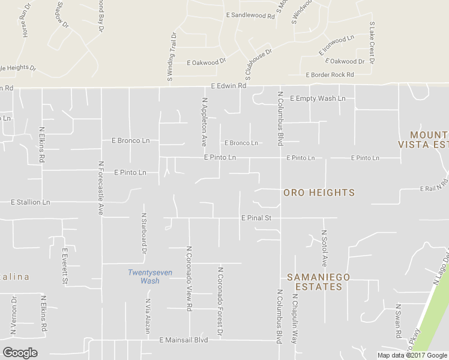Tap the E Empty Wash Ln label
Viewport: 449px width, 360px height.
[318, 98]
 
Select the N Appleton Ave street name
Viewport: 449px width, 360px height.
[205, 122]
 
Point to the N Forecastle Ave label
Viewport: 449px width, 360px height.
[100, 188]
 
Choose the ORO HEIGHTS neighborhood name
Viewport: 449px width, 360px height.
[319, 193]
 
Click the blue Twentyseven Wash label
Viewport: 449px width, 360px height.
[150, 277]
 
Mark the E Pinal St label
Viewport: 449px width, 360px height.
[256, 218]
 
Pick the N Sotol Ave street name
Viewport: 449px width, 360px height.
[324, 248]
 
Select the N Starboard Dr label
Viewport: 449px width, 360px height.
[144, 233]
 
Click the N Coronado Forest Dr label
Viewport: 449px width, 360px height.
[221, 301]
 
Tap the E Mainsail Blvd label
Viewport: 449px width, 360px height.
[183, 340]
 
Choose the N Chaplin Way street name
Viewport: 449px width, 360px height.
[295, 319]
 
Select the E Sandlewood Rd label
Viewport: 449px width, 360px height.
[250, 16]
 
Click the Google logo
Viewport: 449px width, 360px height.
[20, 353]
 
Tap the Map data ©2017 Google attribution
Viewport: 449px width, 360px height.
[412, 355]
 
